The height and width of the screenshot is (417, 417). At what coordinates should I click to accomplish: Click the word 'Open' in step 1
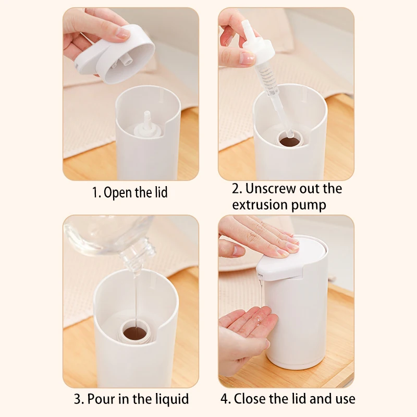point(118,192)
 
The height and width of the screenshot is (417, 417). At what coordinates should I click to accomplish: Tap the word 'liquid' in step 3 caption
point(170,400)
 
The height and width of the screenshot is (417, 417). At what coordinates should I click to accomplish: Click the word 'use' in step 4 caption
point(344,400)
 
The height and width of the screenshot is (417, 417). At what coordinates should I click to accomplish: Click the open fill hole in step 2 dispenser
point(290,140)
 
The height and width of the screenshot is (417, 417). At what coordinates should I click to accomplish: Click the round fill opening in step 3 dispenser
point(136,332)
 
